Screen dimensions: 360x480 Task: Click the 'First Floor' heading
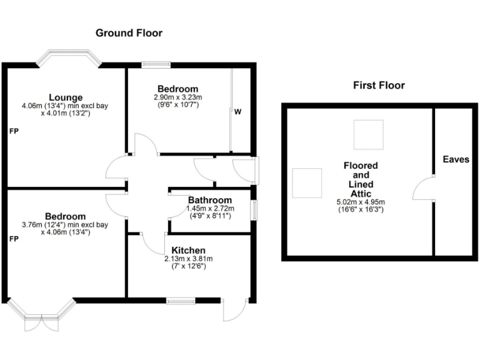[x=379, y=86]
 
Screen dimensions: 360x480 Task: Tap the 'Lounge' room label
[x=66, y=97]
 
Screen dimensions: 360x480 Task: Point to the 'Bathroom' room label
[x=210, y=199]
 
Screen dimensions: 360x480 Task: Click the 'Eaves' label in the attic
[x=456, y=160]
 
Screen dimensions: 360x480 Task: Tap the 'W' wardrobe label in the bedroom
[x=238, y=112]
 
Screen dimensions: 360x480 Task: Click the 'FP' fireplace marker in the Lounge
[x=13, y=132]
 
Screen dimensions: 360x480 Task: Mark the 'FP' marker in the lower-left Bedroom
[x=13, y=239]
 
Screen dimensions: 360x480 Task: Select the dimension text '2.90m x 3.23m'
[x=177, y=97]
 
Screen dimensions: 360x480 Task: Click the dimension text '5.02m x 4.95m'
[x=359, y=202]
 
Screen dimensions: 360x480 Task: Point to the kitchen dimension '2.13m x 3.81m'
[x=189, y=259]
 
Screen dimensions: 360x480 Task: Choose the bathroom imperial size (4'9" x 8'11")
[x=210, y=216]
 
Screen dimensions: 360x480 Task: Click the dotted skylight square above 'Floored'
[x=368, y=134]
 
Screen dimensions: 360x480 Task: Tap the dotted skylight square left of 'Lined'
[x=307, y=182]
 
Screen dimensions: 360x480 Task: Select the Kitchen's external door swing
[x=235, y=311]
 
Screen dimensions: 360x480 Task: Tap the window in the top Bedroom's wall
[x=156, y=64]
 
